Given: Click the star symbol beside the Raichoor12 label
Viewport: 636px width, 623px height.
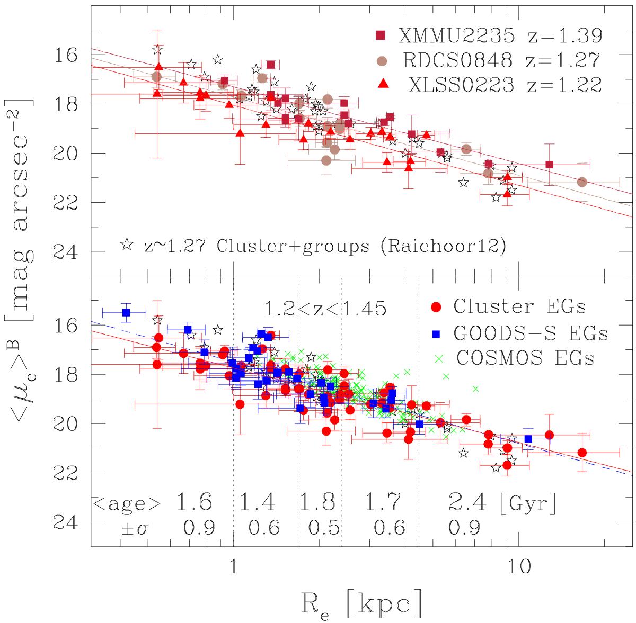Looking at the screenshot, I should tap(127, 245).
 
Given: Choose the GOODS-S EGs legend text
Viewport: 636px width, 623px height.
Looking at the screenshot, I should tap(531, 333).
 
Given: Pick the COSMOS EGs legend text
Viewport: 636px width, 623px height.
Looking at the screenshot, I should tap(524, 358).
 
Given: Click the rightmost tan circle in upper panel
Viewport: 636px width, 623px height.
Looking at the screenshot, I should tap(582, 182).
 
